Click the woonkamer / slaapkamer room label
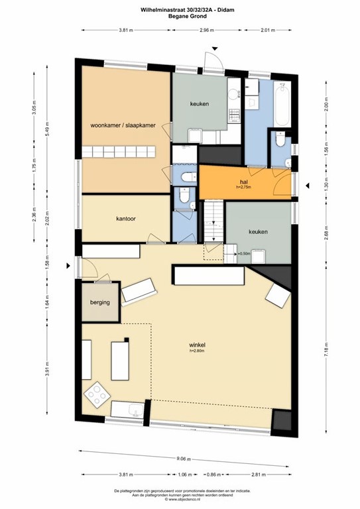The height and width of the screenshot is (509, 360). pos(124,125)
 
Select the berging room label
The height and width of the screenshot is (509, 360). pos(99,302)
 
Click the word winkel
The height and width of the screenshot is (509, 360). pos(197,345)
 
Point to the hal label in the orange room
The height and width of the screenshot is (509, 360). pos(244,181)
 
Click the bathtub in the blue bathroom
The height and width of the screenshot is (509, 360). pos(281,104)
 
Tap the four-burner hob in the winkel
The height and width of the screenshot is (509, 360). pos(97,396)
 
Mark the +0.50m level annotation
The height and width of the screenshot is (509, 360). pos(243,253)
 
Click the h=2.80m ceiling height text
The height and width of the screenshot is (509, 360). pos(197,351)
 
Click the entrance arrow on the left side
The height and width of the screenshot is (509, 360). pos(69,266)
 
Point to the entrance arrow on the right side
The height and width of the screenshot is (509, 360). pos(306,186)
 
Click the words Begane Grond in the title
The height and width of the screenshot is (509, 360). pos(180,17)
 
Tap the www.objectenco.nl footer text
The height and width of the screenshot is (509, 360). pos(180,500)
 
